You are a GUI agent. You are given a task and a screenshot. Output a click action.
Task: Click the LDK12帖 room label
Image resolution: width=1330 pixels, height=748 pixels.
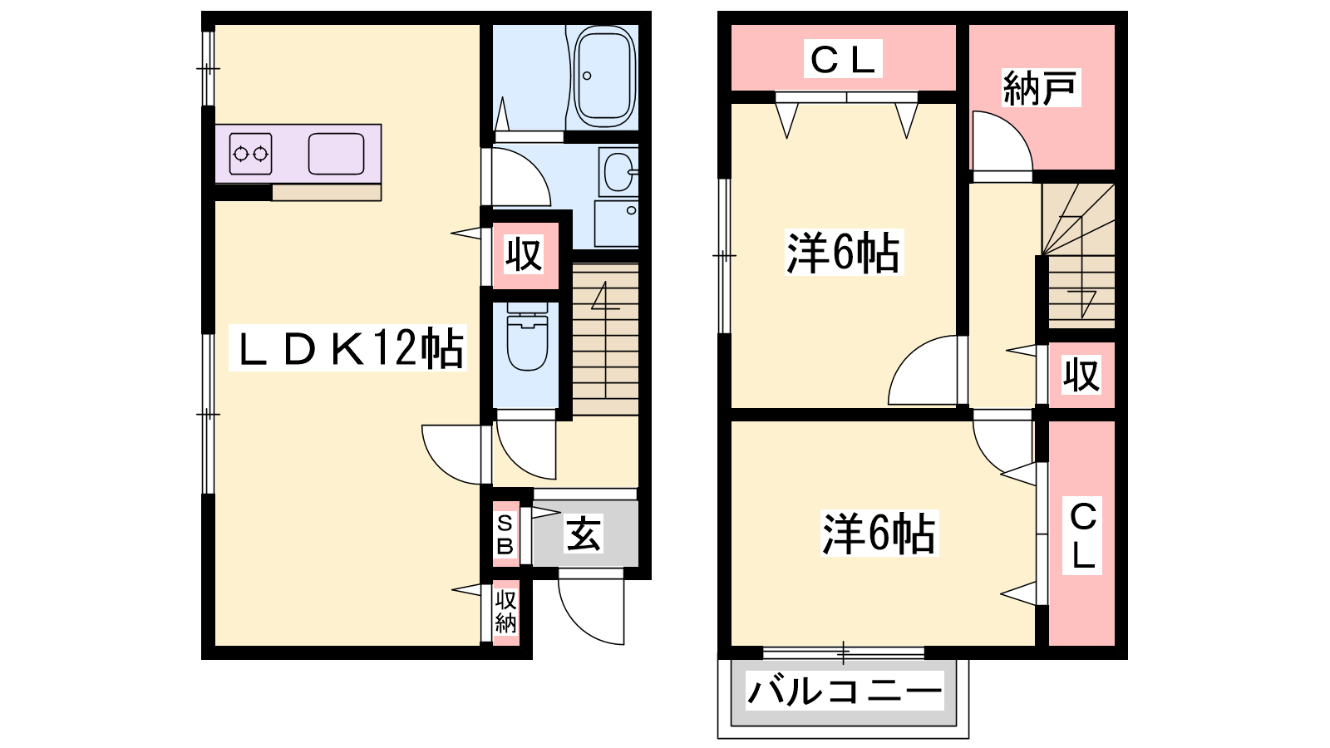point(348,348)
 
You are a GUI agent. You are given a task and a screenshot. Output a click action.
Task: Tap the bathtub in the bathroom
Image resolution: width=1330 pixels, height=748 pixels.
point(603,76)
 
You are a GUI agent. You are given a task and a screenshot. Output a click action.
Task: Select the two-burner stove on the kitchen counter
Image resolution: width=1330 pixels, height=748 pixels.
point(250,154)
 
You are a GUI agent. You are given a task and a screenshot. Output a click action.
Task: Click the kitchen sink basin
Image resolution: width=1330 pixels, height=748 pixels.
point(336,154)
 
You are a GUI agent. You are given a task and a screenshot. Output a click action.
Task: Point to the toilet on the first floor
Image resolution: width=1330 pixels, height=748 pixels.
point(527,337)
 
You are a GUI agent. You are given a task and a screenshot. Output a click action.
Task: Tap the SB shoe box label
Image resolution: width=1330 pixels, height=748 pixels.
point(505,534)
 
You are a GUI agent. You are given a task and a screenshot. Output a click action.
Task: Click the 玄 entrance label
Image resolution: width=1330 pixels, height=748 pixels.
point(583,534)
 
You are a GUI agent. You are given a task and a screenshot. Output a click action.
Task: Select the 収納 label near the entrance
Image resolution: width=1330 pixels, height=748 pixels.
point(505,612)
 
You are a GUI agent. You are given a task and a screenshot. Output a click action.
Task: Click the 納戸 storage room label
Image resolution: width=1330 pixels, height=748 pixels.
point(1040,88)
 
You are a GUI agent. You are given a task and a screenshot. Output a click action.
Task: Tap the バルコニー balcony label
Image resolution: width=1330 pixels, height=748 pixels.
point(845,691)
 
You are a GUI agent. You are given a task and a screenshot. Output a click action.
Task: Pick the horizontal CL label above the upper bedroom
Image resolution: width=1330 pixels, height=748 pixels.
point(843,59)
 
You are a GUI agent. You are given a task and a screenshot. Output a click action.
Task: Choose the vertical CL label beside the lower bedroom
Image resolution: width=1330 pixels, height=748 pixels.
point(1082,536)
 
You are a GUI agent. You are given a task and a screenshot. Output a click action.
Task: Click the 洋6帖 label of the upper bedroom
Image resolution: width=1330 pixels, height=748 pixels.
point(844,253)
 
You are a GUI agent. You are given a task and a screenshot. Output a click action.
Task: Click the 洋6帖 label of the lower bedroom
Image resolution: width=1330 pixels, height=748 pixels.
point(879,533)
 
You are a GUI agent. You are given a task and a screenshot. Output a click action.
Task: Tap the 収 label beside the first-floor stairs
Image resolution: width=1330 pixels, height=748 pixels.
point(523,254)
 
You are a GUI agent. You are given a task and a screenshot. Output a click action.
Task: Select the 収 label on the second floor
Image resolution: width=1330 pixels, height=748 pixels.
point(1081,374)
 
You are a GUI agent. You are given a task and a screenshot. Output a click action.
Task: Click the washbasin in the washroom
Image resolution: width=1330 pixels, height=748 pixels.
point(618,171)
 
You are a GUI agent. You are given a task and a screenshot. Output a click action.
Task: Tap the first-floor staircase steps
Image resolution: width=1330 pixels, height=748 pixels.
point(605,340)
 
